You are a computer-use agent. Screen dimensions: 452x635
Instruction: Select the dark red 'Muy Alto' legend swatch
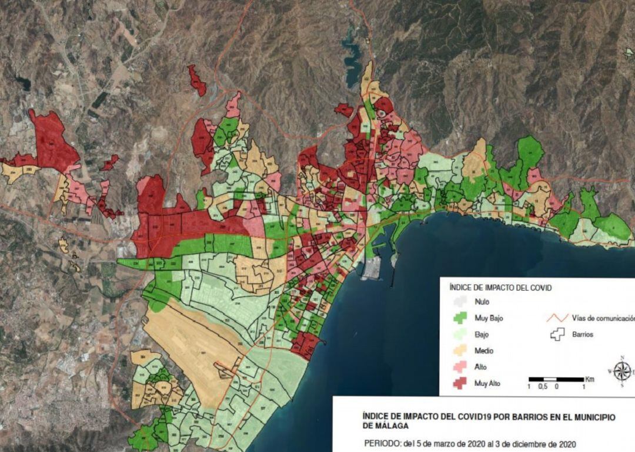(460, 383)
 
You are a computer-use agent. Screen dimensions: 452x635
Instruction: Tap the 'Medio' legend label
(483, 351)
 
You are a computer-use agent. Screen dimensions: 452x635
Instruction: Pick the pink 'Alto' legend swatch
(460, 367)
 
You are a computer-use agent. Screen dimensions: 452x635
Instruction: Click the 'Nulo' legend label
(482, 302)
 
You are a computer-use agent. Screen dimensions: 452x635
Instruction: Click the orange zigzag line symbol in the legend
(556, 318)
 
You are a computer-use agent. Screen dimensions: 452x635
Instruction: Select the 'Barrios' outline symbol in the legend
(556, 334)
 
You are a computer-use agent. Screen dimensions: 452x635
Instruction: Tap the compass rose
(622, 371)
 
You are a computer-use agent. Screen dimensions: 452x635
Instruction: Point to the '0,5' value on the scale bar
(542, 387)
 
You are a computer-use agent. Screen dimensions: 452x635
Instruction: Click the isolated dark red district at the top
(197, 80)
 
